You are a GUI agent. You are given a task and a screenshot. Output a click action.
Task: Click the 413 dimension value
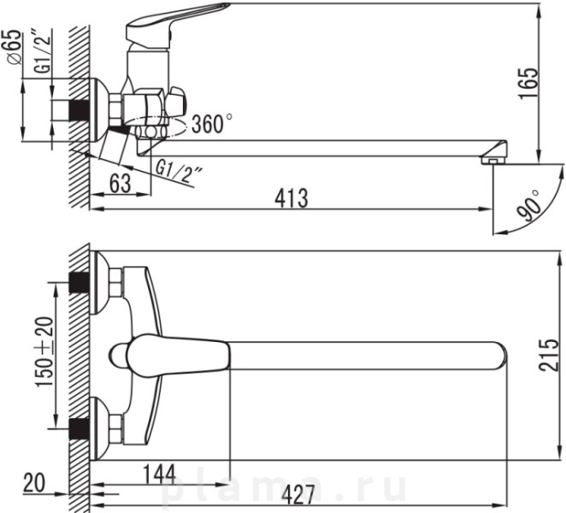pyautogui.click(x=292, y=198)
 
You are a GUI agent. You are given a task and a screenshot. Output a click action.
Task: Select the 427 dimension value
pyautogui.click(x=298, y=494)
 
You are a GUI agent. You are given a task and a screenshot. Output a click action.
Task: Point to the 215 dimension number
pyautogui.click(x=548, y=355)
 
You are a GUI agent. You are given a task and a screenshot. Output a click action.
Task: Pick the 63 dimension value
pyautogui.click(x=121, y=183)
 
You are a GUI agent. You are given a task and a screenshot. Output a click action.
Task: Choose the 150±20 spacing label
pyautogui.click(x=44, y=351)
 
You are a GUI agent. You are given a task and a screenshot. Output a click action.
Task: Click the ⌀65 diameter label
pyautogui.click(x=14, y=46)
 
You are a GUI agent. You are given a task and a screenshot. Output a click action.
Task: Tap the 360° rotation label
pyautogui.click(x=212, y=124)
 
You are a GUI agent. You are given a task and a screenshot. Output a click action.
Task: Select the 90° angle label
pyautogui.click(x=529, y=204)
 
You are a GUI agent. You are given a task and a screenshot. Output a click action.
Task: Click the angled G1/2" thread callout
pyautogui.click(x=178, y=170)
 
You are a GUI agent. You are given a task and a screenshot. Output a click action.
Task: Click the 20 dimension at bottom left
pyautogui.click(x=34, y=483)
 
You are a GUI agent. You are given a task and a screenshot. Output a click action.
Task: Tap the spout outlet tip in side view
pyautogui.click(x=494, y=160)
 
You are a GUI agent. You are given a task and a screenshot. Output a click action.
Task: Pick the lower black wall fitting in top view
pyautogui.click(x=80, y=428)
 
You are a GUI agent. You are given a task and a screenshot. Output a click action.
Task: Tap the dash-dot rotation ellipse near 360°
pyautogui.click(x=161, y=127)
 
